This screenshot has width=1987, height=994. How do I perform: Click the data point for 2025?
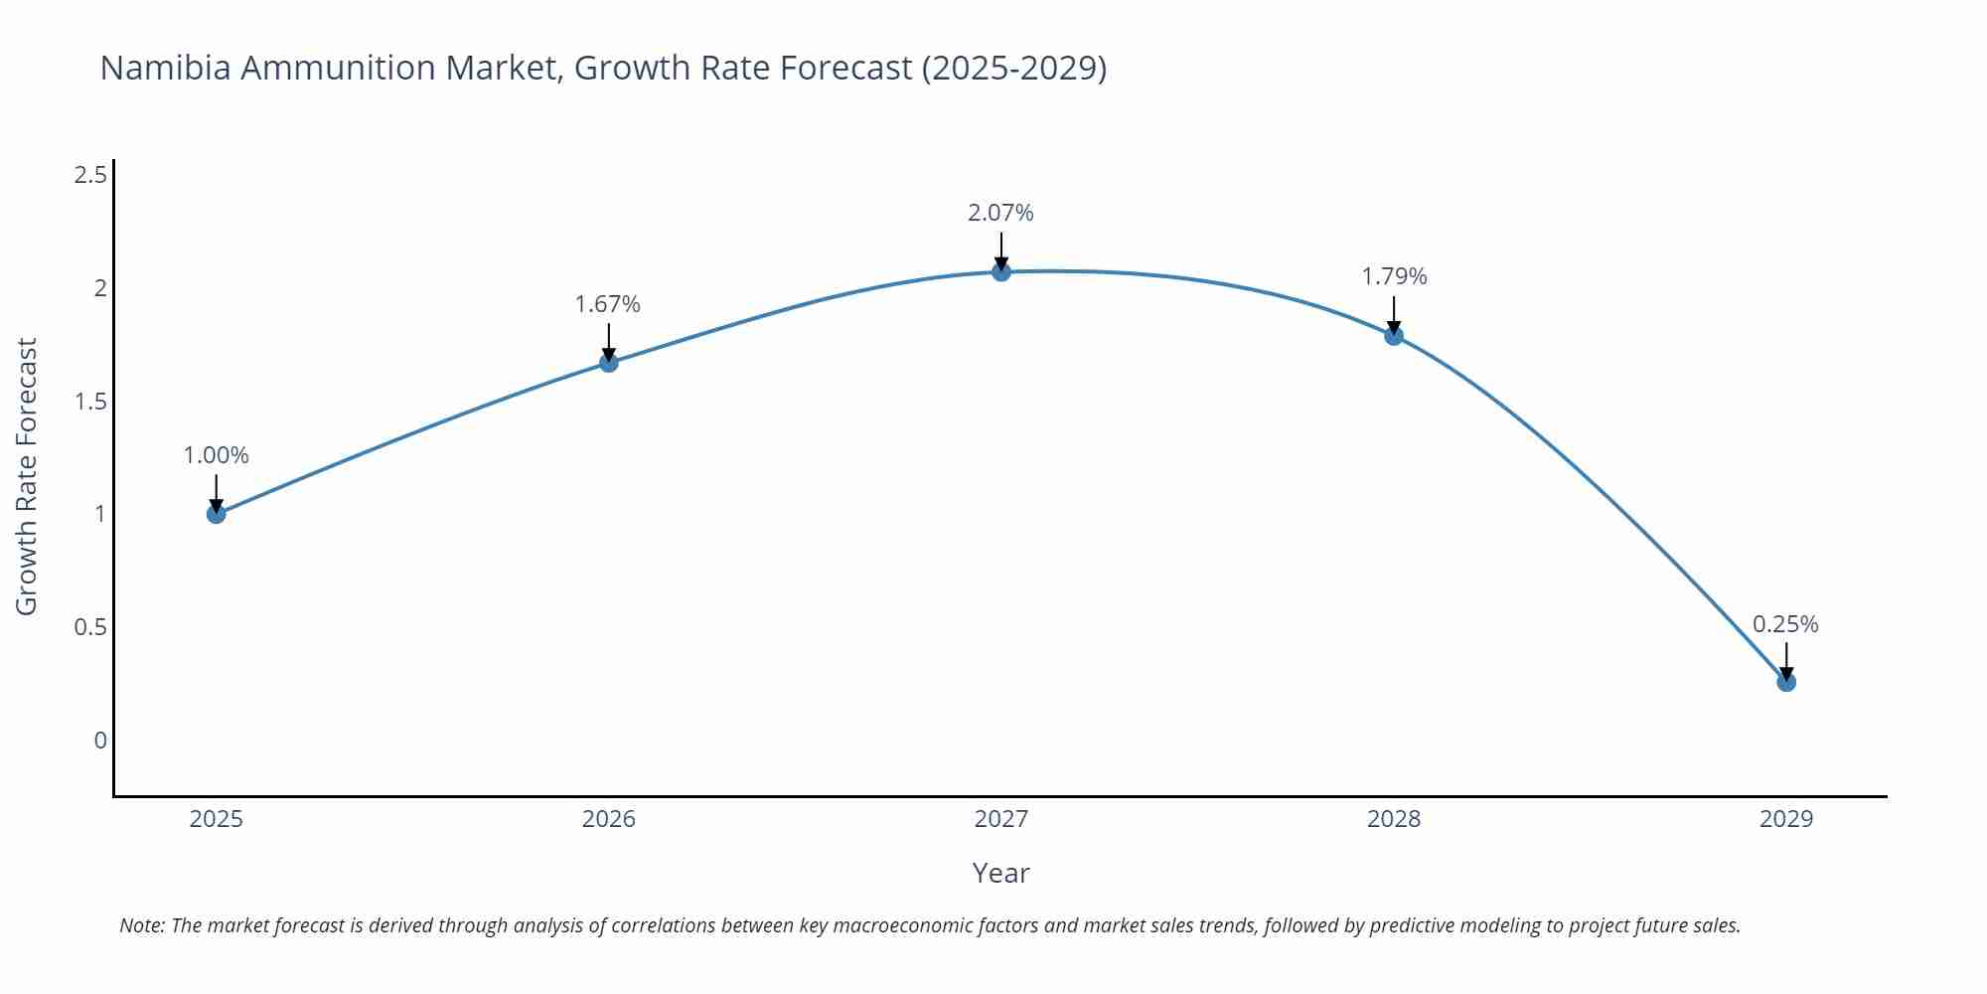(217, 514)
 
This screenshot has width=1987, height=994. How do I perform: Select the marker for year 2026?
(609, 363)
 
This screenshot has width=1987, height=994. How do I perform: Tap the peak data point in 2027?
(1001, 271)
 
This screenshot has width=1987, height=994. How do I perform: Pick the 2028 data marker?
(1394, 336)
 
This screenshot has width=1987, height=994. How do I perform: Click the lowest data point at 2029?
(1786, 682)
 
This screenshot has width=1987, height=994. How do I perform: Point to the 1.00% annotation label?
(217, 455)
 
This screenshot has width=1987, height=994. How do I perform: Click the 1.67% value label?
(608, 304)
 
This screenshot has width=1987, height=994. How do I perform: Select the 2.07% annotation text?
(1001, 213)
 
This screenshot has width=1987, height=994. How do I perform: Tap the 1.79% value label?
(1394, 276)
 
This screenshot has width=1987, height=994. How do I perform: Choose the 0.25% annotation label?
(1785, 624)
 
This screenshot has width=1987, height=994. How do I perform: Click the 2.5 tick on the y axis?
(90, 176)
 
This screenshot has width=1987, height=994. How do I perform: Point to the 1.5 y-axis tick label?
(90, 402)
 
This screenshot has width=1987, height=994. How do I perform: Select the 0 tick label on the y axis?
(100, 741)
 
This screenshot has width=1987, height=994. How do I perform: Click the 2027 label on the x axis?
(1001, 819)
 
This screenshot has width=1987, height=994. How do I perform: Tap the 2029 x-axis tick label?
(1786, 819)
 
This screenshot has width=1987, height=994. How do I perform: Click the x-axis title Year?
(1001, 873)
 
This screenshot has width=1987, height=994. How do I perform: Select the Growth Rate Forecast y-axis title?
(27, 477)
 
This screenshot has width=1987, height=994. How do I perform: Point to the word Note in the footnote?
(141, 925)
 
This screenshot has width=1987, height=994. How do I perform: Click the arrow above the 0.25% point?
(1786, 660)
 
